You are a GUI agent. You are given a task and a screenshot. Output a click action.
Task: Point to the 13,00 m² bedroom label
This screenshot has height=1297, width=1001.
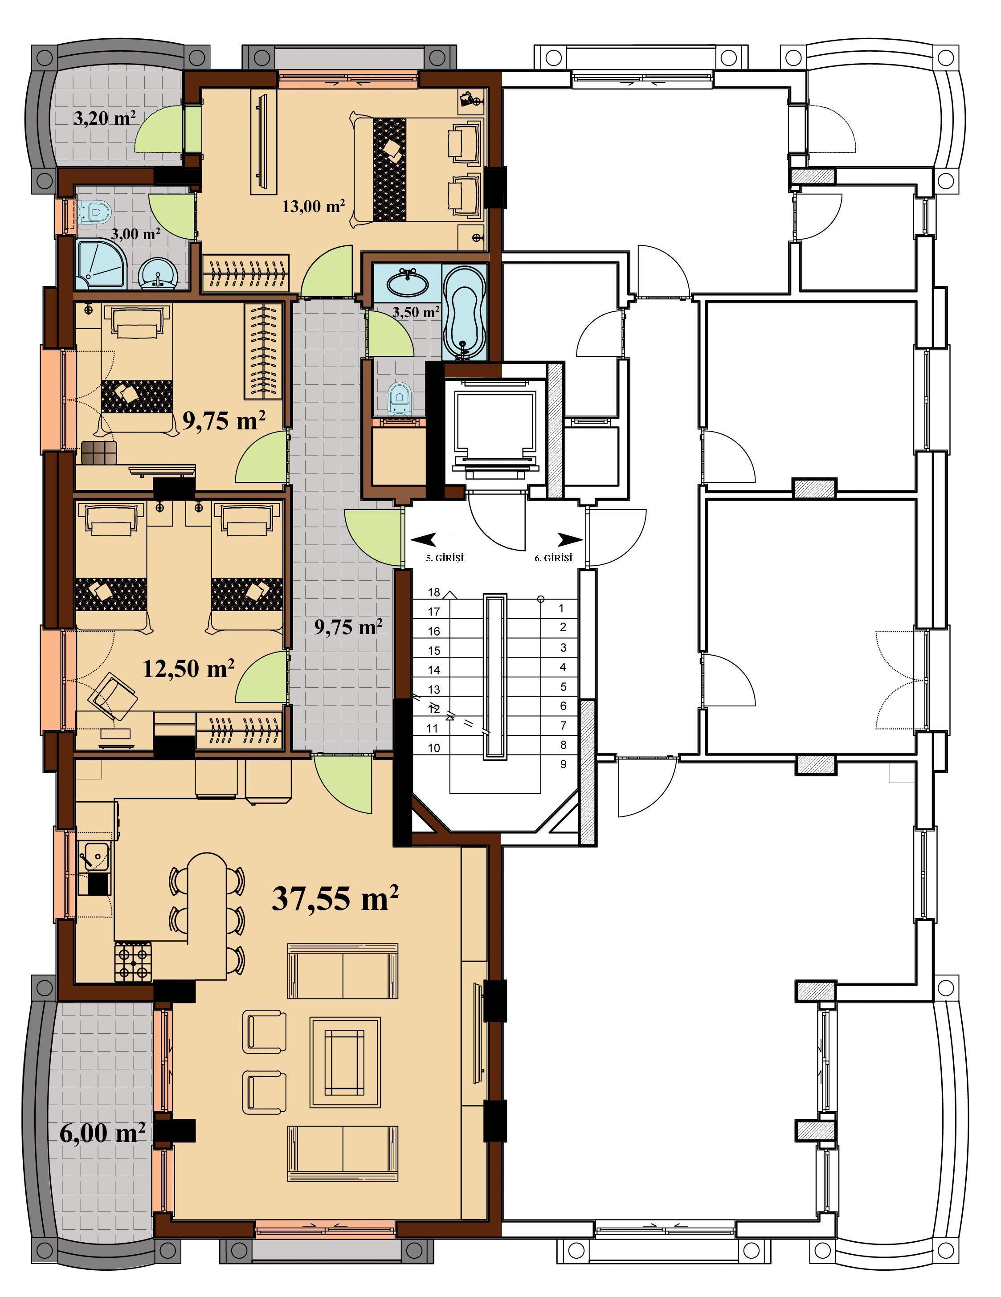click(314, 206)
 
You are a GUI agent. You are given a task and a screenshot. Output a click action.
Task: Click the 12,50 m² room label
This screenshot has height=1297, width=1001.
click(188, 668)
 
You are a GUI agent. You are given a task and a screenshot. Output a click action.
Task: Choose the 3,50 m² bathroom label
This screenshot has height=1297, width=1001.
click(416, 312)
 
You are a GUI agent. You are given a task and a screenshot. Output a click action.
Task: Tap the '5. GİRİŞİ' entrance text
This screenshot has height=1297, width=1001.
click(444, 558)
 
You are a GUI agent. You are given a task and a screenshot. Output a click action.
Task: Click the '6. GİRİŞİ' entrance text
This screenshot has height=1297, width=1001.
click(553, 558)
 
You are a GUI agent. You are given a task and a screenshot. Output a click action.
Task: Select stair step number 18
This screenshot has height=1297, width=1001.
click(433, 592)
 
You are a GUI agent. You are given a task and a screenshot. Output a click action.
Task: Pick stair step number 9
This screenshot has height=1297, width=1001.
click(563, 764)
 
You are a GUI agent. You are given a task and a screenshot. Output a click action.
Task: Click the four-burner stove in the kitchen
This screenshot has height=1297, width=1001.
click(133, 962)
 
